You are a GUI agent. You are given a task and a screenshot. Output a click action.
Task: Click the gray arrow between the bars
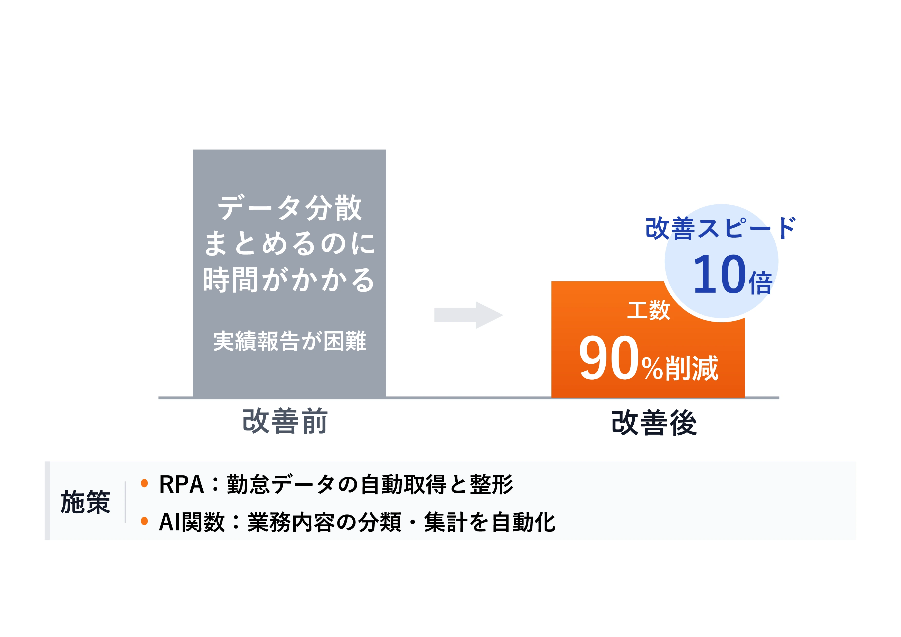pos(468,315)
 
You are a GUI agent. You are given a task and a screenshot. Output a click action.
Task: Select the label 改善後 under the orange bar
pos(654,423)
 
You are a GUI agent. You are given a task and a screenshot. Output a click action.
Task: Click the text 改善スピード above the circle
pos(720,228)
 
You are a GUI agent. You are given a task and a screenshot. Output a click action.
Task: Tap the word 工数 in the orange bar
pos(648,310)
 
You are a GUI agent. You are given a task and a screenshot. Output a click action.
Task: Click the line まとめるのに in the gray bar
pos(290,243)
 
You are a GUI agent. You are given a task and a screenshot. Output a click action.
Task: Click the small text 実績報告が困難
pos(290,341)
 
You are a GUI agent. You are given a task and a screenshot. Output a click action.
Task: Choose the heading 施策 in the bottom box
pos(85,502)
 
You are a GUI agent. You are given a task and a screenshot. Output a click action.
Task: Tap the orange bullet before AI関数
pos(144,521)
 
